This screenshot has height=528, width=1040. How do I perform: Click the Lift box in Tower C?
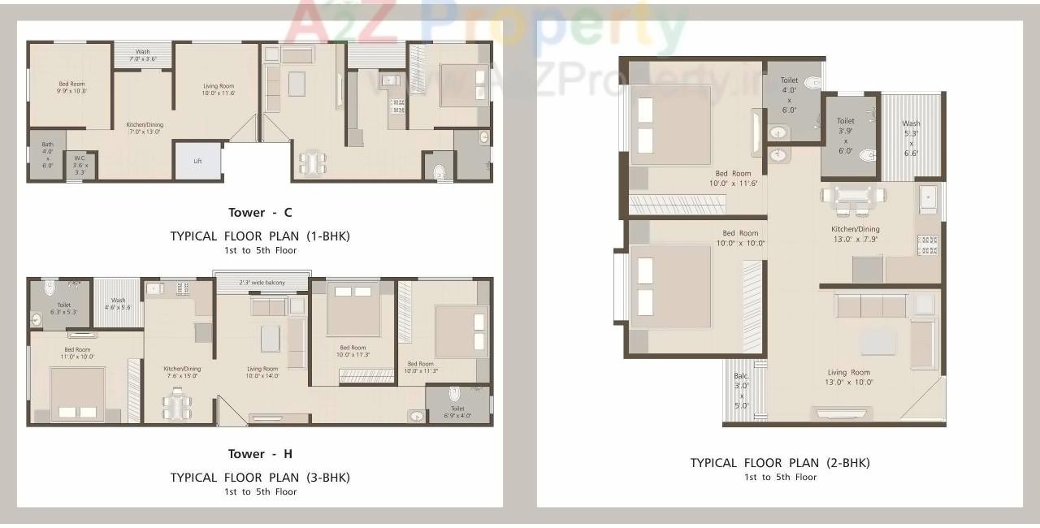(x=197, y=161)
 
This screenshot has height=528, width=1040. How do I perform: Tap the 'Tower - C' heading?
(x=260, y=213)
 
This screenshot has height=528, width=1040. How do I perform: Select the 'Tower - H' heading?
(x=260, y=454)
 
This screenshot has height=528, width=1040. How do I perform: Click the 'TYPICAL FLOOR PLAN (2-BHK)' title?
(x=780, y=463)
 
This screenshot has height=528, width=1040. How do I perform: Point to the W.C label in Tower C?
(x=80, y=165)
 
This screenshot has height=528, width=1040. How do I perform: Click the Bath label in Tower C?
(x=47, y=154)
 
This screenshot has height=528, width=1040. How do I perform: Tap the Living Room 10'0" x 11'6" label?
(x=219, y=89)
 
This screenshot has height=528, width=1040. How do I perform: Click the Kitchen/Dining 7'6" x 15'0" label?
(x=182, y=372)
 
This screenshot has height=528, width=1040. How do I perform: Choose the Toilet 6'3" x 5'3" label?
(x=64, y=309)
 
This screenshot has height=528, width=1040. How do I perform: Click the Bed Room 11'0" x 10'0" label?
(x=77, y=353)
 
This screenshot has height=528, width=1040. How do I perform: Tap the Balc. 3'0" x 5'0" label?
(x=741, y=391)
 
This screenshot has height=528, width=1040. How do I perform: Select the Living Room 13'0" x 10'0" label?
(x=848, y=377)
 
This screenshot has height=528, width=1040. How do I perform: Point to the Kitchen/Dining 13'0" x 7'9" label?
(x=855, y=234)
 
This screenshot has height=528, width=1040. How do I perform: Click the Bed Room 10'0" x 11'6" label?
(x=733, y=179)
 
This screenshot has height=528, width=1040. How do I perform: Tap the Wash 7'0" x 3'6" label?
(x=142, y=55)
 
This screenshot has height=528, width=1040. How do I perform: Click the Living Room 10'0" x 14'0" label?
(x=262, y=372)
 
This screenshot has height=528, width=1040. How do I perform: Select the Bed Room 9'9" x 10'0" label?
(x=71, y=88)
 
